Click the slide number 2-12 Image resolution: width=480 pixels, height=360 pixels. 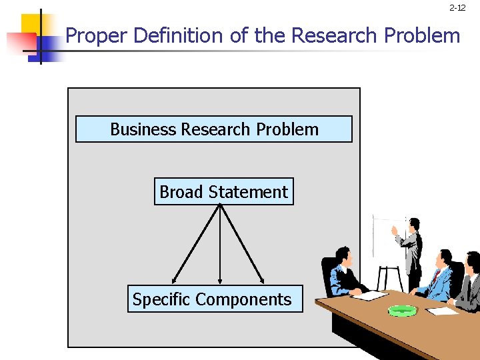tap(457, 8)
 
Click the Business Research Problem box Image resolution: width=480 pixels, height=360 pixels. tap(213, 129)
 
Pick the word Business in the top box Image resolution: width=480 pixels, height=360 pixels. tap(143, 129)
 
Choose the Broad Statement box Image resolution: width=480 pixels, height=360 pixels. tap(223, 192)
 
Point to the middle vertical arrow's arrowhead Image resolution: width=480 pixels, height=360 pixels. tap(220, 281)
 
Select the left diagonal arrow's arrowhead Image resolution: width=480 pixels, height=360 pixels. tap(175, 281)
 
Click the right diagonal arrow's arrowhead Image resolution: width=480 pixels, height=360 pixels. tap(263, 280)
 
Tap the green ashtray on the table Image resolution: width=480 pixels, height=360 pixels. tap(402, 310)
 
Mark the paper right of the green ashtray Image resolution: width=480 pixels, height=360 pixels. tap(442, 310)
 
